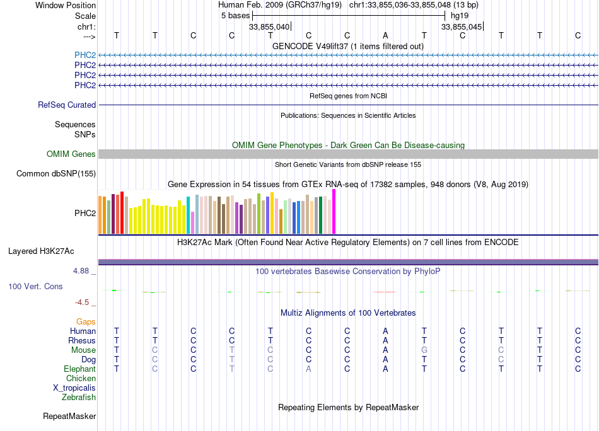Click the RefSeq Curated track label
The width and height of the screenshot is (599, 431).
(67, 105)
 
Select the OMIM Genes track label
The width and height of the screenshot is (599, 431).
(71, 154)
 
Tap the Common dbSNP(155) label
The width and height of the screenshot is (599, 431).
(56, 174)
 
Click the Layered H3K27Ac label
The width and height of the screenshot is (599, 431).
(41, 251)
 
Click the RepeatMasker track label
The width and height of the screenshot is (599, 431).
(69, 417)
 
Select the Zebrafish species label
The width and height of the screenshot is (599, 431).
(79, 398)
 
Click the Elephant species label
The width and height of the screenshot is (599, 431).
(80, 369)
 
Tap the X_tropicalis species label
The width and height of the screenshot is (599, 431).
(74, 388)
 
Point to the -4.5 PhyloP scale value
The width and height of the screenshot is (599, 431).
(83, 302)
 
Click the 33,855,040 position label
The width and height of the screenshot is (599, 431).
(269, 27)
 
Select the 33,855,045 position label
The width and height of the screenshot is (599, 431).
(462, 27)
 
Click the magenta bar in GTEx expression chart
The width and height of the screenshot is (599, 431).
(334, 212)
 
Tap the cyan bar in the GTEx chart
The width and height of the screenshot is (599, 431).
(188, 215)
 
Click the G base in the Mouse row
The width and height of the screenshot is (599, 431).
(424, 350)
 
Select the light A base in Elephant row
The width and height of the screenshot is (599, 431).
(308, 369)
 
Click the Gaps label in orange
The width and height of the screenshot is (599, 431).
(86, 322)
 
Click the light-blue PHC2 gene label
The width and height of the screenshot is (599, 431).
(85, 55)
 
